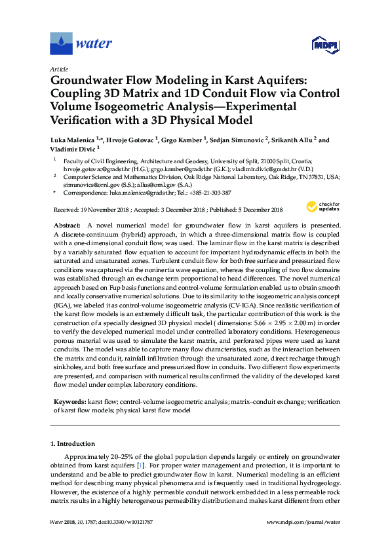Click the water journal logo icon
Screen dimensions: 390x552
click(x=61, y=44)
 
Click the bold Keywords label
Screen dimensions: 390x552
click(x=69, y=400)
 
